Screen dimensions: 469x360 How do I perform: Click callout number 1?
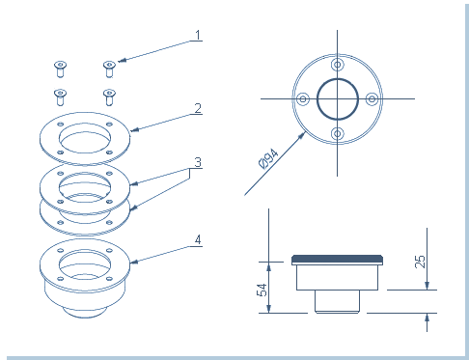(x=198, y=35)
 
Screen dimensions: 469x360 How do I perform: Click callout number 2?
(x=198, y=108)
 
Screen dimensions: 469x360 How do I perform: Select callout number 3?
(x=198, y=162)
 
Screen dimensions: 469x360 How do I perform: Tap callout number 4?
(x=198, y=240)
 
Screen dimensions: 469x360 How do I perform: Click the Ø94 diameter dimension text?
(x=268, y=158)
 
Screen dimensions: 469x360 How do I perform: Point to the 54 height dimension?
(x=262, y=290)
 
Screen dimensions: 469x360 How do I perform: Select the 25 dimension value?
(x=420, y=262)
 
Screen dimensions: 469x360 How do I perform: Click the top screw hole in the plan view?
(x=337, y=65)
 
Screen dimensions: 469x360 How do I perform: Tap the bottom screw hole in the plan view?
(x=337, y=133)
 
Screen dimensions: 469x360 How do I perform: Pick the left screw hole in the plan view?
(x=303, y=98)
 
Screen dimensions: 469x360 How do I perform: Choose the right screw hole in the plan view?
(x=372, y=98)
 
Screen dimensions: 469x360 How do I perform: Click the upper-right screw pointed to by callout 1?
(x=109, y=69)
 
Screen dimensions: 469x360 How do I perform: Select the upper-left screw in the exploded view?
(x=60, y=69)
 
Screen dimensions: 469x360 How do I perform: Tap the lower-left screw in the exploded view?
(x=60, y=97)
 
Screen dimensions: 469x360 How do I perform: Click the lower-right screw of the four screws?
(x=109, y=97)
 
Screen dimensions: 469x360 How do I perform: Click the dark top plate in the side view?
(x=337, y=259)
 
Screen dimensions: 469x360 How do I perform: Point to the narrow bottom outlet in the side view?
(x=337, y=301)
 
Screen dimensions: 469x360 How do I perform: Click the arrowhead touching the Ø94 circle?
(x=301, y=136)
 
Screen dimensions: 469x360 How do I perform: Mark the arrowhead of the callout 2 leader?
(x=134, y=129)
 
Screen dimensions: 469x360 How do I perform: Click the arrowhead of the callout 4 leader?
(x=134, y=262)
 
